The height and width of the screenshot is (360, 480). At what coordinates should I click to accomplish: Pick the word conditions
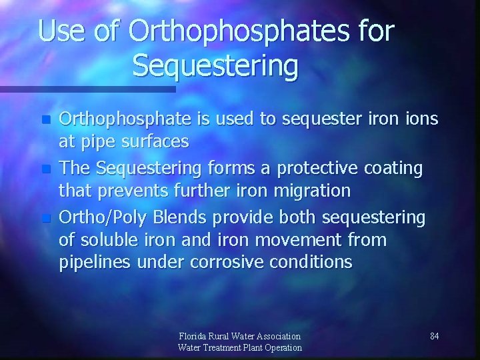(x=312, y=262)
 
